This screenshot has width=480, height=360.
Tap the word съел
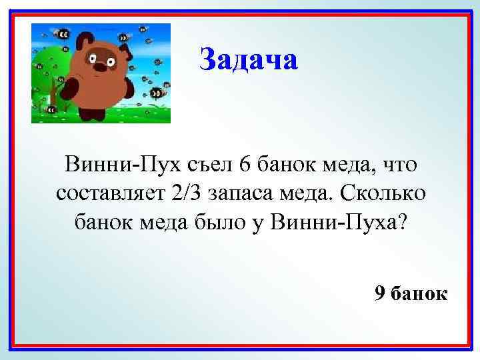coord(204,163)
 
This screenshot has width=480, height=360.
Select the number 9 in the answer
coord(380,293)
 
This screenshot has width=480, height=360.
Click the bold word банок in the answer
coord(420,293)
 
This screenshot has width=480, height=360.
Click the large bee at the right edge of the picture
coord(159,92)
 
